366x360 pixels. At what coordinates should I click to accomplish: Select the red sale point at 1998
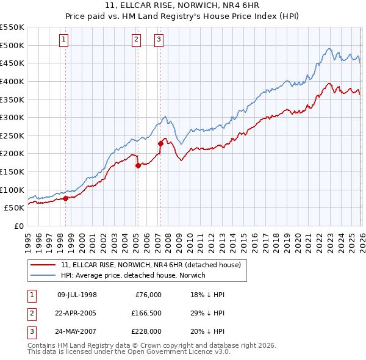(65, 198)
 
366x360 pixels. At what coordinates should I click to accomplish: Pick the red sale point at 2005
(138, 165)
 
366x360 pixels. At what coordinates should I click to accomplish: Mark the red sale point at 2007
(160, 143)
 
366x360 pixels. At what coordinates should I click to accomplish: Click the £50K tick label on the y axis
(13, 207)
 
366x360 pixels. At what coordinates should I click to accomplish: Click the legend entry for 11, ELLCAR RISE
(151, 265)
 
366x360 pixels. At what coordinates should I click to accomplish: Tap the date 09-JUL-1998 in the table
(77, 295)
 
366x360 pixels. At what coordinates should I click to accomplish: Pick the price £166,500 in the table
(145, 313)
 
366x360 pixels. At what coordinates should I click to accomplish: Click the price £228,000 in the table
(145, 331)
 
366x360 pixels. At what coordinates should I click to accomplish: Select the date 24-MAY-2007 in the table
(77, 331)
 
